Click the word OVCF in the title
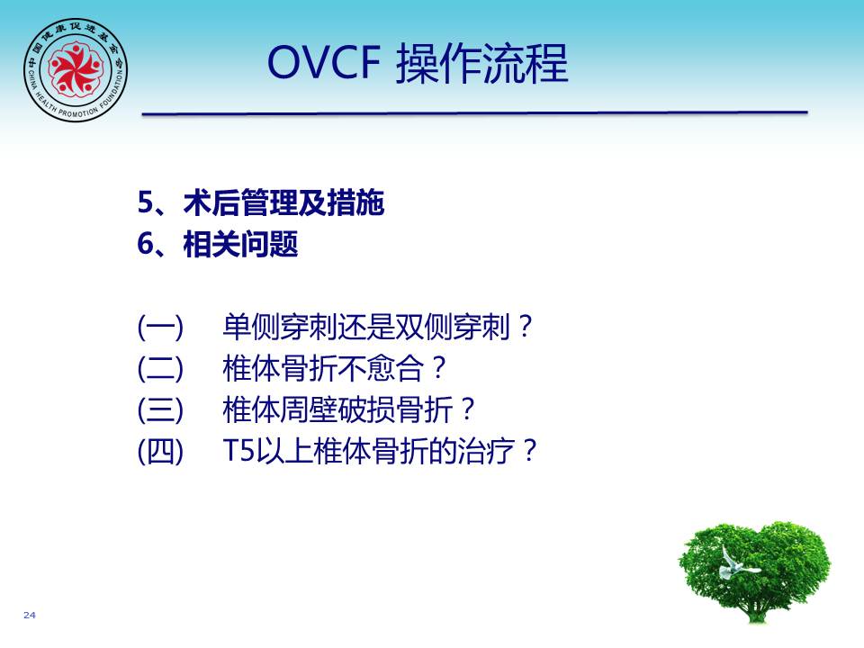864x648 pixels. click(x=324, y=62)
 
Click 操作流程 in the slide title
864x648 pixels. click(x=482, y=63)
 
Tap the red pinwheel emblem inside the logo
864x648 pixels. click(x=76, y=68)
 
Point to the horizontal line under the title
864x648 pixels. click(x=475, y=113)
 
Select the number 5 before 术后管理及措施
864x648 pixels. click(x=145, y=202)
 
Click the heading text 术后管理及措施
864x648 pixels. click(x=283, y=202)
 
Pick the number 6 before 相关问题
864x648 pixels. click(x=145, y=244)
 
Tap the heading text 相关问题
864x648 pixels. click(x=241, y=244)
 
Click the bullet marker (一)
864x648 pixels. click(x=160, y=328)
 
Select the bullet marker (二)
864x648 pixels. click(x=160, y=369)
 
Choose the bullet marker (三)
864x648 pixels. click(x=160, y=410)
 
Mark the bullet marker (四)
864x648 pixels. click(x=160, y=451)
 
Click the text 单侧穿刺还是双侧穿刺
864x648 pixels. click(x=366, y=328)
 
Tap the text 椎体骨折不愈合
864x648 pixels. click(x=323, y=369)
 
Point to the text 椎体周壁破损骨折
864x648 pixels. click(x=337, y=410)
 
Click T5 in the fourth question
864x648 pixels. click(x=238, y=451)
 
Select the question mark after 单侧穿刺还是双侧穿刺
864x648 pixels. click(x=525, y=326)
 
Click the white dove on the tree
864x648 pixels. click(x=735, y=563)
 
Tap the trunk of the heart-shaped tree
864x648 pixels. click(x=757, y=608)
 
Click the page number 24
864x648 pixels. click(x=30, y=615)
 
